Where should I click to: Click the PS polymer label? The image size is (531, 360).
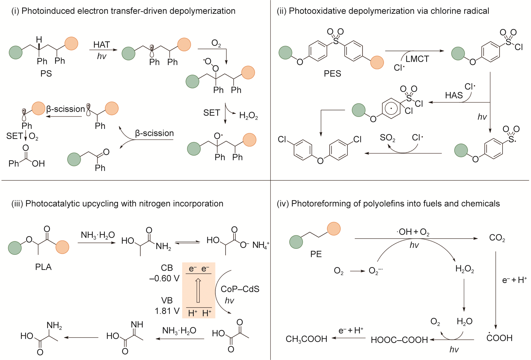click(46, 73)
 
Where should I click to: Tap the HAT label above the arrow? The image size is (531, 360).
click(102, 45)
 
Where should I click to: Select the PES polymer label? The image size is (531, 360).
click(332, 73)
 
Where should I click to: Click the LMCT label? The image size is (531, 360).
click(417, 59)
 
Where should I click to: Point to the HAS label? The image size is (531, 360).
click(454, 95)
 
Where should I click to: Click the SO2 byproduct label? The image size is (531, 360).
click(388, 138)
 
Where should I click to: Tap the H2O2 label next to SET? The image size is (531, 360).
click(248, 115)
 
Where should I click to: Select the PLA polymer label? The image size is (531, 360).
click(43, 267)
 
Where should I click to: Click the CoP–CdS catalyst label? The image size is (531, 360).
click(240, 289)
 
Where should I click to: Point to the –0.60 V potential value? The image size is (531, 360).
click(164, 278)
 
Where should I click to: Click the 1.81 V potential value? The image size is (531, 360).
click(167, 311)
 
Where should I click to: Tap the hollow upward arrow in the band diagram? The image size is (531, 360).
click(198, 290)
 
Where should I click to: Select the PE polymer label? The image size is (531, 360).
click(316, 254)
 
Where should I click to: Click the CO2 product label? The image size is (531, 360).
click(497, 238)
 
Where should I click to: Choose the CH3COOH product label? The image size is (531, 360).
click(306, 339)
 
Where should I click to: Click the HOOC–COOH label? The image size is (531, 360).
click(399, 340)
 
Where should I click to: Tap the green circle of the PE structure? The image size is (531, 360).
click(296, 242)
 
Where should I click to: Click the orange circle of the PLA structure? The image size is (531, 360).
click(62, 247)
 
